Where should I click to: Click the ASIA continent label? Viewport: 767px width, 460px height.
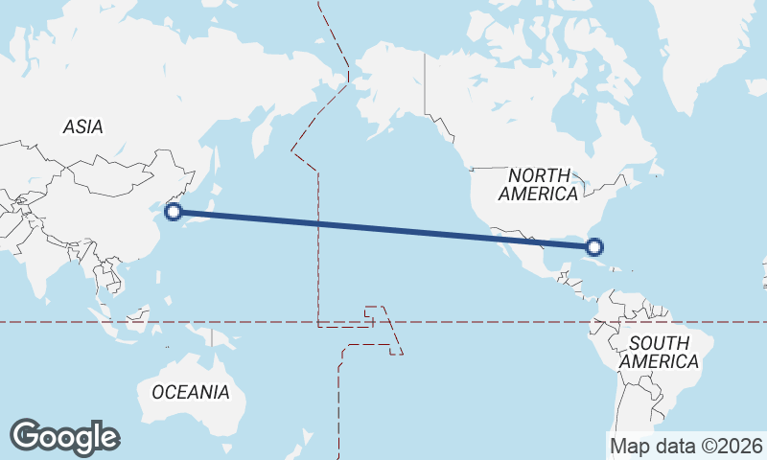83,126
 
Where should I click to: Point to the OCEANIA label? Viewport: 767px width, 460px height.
191,392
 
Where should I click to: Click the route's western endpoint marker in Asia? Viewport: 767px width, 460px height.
174,212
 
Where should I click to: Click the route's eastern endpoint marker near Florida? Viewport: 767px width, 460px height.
594,247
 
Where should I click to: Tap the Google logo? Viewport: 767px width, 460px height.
64,437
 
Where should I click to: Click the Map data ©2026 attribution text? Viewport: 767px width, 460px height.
686,446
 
